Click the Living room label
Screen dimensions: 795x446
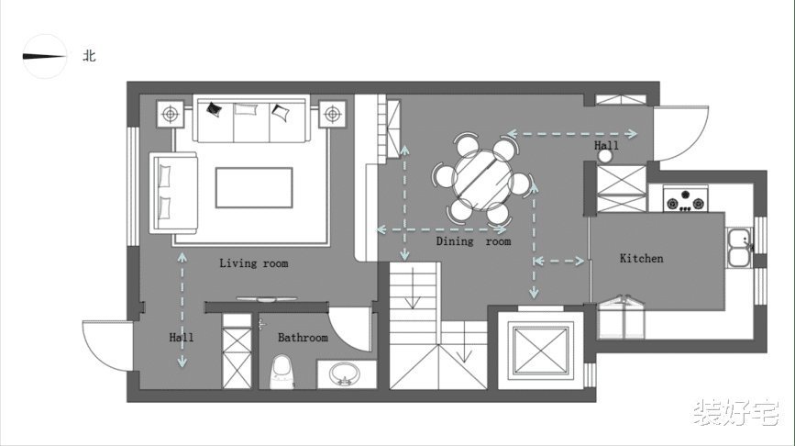tap(253, 263)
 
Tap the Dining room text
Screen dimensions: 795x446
tap(473, 241)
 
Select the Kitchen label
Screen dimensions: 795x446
tap(641, 258)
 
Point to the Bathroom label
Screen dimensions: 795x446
tap(303, 338)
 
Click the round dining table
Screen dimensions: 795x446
tap(482, 180)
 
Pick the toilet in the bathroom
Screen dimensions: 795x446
tap(282, 372)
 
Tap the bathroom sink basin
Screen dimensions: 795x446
tap(346, 375)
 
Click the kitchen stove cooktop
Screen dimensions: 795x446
tap(686, 198)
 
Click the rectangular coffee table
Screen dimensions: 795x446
tap(254, 188)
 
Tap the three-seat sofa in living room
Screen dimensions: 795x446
tap(251, 118)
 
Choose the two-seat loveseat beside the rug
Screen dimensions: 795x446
tap(173, 193)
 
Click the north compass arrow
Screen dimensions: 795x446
tap(44, 56)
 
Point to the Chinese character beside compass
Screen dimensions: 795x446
tap(89, 56)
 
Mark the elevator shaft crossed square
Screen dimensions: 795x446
tap(540, 351)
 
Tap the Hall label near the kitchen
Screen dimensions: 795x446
tap(606, 146)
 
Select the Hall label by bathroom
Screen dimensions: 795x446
tap(181, 338)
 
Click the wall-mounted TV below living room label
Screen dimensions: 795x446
tap(266, 299)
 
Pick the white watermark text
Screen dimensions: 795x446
tap(735, 412)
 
